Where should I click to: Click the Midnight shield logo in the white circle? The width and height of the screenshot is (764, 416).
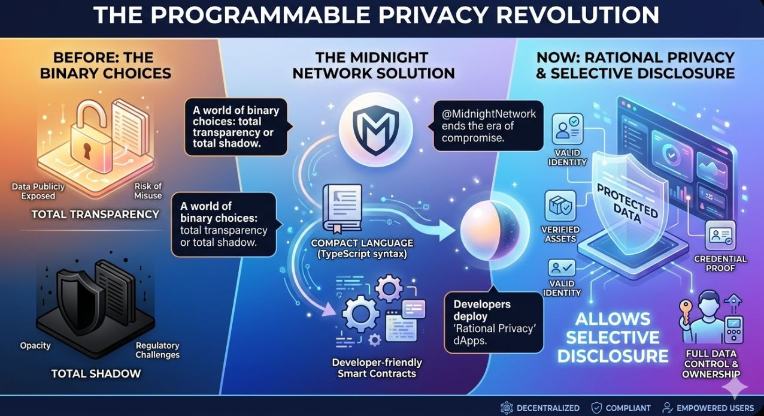point(377,127)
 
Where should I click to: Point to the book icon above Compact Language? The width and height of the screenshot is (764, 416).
point(342,207)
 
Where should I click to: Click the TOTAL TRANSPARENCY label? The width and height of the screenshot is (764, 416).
point(95,214)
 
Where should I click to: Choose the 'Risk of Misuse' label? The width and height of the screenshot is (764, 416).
point(148,191)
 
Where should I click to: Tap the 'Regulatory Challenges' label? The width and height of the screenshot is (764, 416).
point(157,350)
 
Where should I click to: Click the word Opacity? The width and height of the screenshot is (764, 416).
point(35,346)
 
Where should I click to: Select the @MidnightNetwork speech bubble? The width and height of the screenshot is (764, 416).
point(489,125)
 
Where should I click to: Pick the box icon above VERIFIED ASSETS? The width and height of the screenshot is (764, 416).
point(560,206)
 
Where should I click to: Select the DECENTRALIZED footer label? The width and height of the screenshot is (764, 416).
point(547,408)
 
